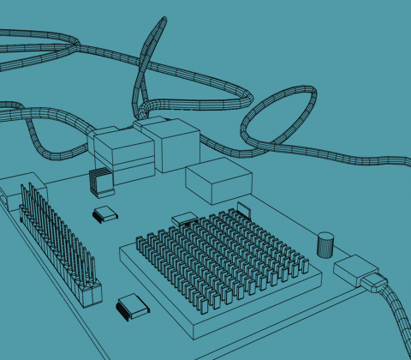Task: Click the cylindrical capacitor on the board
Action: click(x=325, y=244)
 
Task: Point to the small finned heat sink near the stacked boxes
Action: click(x=101, y=183)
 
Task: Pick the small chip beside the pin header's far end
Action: click(x=104, y=213)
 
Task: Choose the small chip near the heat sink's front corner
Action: click(x=132, y=306)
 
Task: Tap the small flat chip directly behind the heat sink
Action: click(x=183, y=219)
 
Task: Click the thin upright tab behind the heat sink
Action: click(x=243, y=208)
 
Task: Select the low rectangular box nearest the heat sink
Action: click(x=218, y=180)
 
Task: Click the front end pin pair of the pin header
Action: click(x=89, y=294)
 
